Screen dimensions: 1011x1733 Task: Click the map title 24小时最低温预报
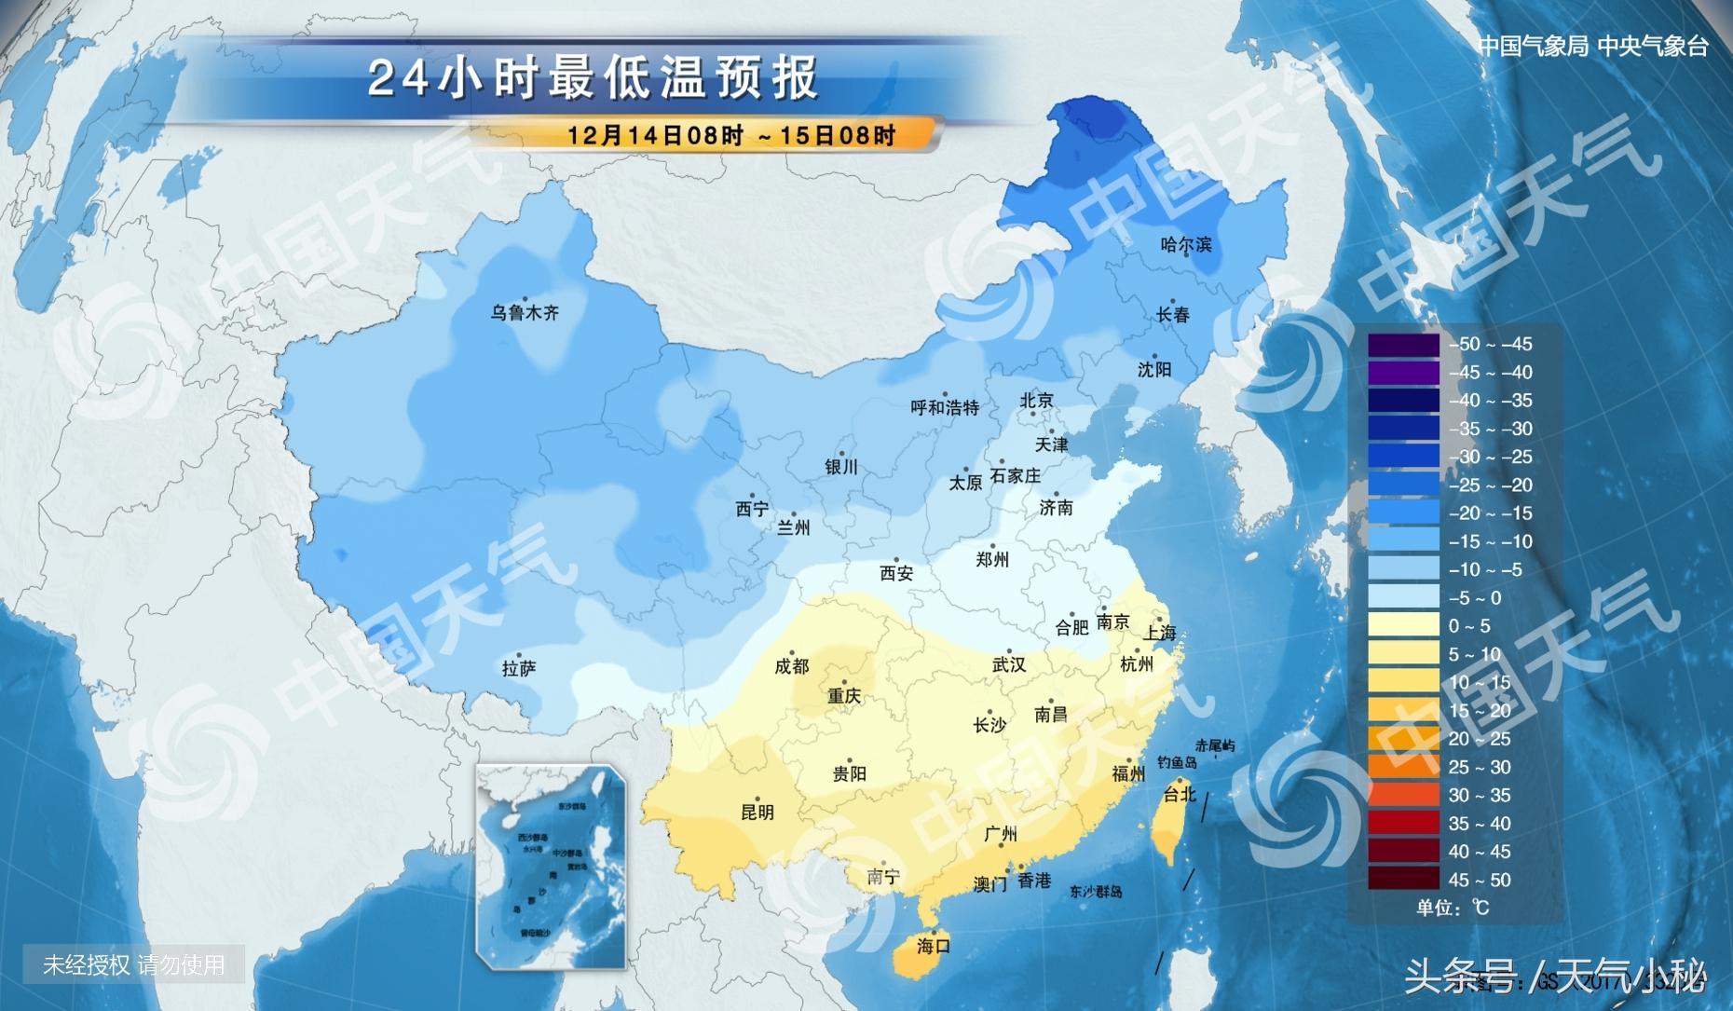coord(593,77)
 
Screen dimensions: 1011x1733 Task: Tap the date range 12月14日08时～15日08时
coord(730,135)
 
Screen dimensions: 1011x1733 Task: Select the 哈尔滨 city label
coord(1186,245)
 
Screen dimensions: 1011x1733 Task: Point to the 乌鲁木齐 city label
coord(525,313)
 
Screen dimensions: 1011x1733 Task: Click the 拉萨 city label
coord(519,668)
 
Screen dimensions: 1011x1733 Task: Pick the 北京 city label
coord(1036,401)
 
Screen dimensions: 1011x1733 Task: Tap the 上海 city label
coord(1160,633)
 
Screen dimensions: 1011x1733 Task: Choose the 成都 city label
coord(792,666)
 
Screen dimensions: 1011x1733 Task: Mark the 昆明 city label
coord(757,813)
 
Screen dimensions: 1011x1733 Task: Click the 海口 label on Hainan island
coord(933,946)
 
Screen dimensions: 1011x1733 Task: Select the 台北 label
coord(1180,794)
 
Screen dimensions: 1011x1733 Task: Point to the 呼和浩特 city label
coord(945,407)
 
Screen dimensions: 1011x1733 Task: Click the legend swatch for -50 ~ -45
coord(1403,345)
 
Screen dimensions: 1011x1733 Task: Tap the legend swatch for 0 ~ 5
coord(1403,626)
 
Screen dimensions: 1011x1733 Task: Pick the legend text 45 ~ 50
coord(1479,880)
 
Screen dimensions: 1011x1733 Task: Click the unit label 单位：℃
coord(1453,908)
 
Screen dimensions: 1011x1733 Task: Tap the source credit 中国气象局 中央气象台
coord(1593,47)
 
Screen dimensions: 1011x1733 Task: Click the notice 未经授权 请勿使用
coord(133,965)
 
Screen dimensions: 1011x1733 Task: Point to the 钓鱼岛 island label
coord(1177,762)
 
